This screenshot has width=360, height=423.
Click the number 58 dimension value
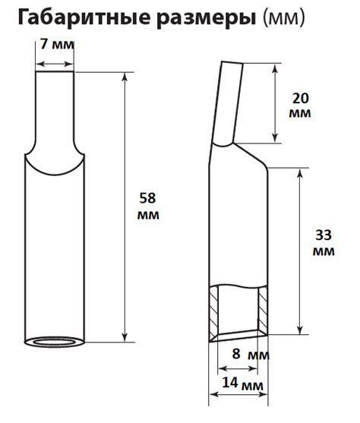(x=149, y=199)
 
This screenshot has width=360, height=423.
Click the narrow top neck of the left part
(x=55, y=106)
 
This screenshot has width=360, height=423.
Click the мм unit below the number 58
(x=149, y=216)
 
